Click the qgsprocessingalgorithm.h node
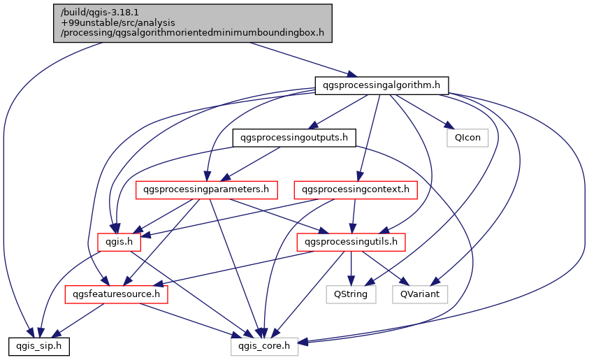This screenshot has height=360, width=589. tap(381, 86)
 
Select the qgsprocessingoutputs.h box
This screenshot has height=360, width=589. tap(294, 138)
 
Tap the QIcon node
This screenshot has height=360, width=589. tap(467, 138)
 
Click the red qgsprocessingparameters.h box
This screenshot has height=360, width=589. tap(207, 189)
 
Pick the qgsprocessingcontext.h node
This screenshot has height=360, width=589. tap(356, 189)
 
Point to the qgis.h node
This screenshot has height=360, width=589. tap(119, 242)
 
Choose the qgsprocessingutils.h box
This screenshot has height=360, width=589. tap(351, 242)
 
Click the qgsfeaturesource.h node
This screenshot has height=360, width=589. tap(117, 294)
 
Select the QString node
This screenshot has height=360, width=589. tap(351, 294)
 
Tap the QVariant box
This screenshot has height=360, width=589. tap(420, 294)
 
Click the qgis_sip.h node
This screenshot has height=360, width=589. tap(39, 346)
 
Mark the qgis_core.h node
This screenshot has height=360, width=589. tap(264, 346)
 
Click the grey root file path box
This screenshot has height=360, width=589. tap(193, 23)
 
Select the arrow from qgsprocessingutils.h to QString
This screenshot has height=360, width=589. tap(351, 268)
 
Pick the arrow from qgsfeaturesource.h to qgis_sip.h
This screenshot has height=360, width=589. tap(78, 320)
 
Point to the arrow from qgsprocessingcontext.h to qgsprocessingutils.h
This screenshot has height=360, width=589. tap(354, 216)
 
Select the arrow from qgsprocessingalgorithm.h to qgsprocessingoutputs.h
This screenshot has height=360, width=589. tap(338, 112)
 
